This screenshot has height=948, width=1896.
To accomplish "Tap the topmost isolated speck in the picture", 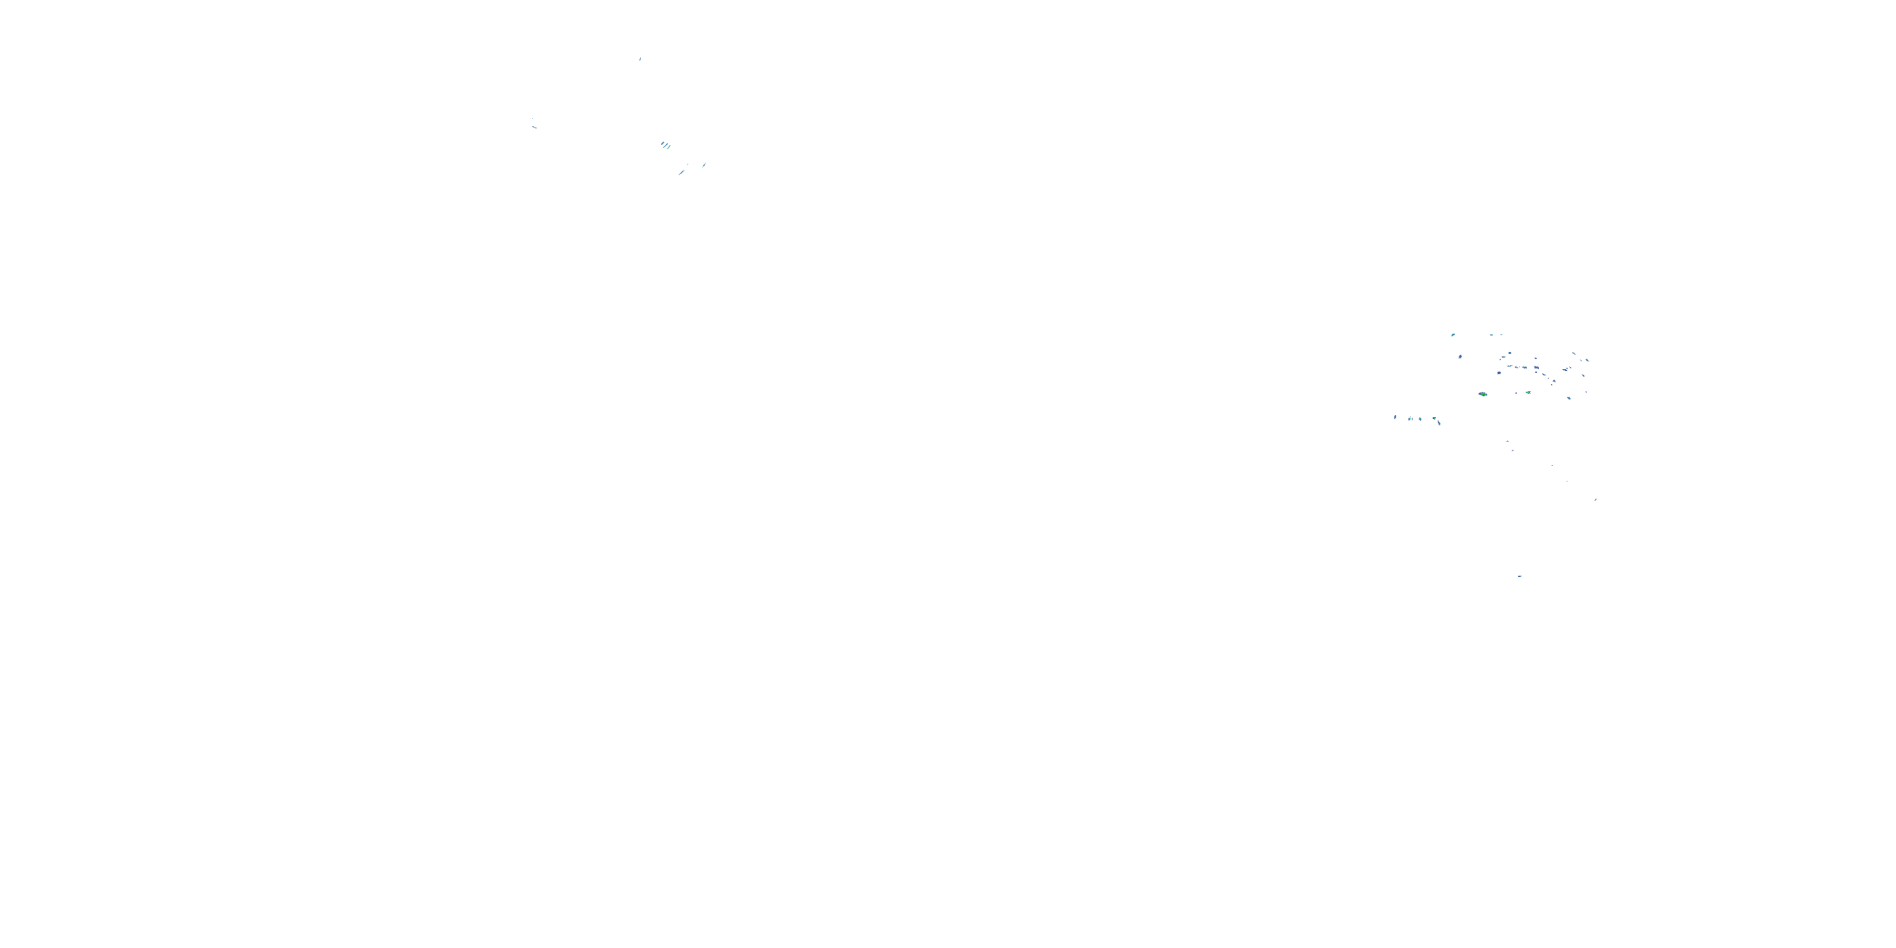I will (x=640, y=58).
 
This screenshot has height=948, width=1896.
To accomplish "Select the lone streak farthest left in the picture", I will (x=533, y=126).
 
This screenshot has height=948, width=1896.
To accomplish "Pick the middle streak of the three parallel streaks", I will (x=665, y=145).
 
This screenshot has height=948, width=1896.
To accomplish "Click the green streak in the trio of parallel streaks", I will (x=662, y=143).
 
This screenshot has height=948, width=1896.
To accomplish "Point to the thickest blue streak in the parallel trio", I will (x=668, y=147).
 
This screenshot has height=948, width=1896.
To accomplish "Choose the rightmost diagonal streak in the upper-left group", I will (x=703, y=165).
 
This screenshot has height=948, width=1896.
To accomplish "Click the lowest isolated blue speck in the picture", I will (x=1520, y=576).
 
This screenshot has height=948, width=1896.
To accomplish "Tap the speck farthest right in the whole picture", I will (x=1596, y=499).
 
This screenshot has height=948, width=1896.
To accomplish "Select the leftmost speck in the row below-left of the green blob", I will (x=1395, y=417).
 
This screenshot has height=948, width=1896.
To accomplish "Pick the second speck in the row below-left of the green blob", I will (x=1410, y=419).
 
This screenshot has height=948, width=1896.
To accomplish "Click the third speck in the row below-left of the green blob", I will (x=1420, y=419).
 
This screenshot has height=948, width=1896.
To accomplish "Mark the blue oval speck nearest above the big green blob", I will (x=1498, y=372).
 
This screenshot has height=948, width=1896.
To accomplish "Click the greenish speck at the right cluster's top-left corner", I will (x=1453, y=335).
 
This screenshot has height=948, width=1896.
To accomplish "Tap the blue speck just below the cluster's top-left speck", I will (x=1461, y=356).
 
